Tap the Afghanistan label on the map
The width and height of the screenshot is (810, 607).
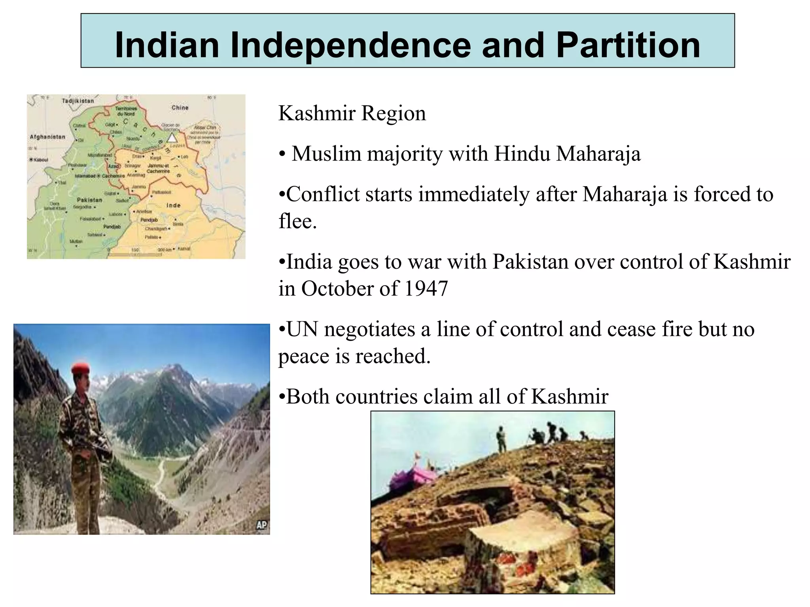click(x=47, y=137)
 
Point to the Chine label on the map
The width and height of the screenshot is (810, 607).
click(x=180, y=107)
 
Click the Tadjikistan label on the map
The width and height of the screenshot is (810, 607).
click(x=78, y=101)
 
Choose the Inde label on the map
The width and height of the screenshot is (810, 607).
click(x=173, y=205)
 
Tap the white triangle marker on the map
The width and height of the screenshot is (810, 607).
click(x=172, y=138)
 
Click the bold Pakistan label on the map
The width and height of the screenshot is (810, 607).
click(x=89, y=200)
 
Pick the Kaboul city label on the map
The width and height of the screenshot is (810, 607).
click(x=40, y=160)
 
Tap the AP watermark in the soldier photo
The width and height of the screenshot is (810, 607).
click(x=261, y=525)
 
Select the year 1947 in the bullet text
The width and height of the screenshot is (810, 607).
click(x=426, y=288)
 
